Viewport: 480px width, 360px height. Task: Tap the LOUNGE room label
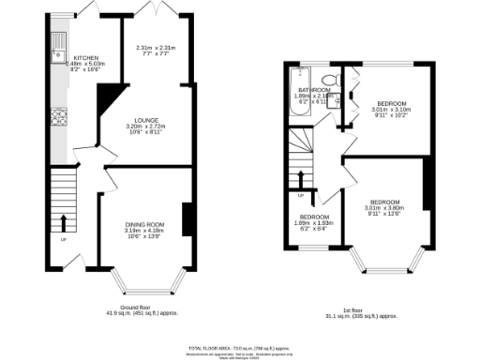(x=145, y=120)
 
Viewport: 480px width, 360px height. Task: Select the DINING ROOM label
(x=145, y=224)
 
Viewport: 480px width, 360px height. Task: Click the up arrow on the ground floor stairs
(x=64, y=223)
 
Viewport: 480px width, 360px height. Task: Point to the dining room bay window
(x=144, y=280)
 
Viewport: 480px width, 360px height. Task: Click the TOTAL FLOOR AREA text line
(x=240, y=346)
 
